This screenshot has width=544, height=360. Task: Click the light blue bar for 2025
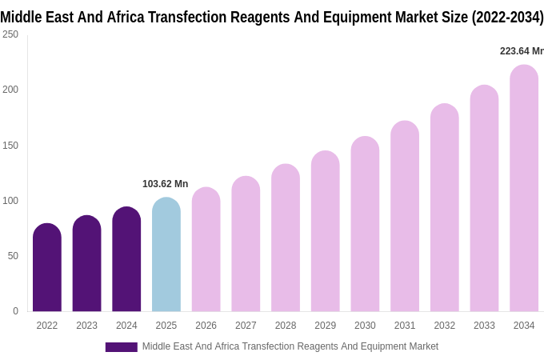pyautogui.click(x=166, y=254)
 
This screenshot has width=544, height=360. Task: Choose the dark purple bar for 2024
pyautogui.click(x=126, y=259)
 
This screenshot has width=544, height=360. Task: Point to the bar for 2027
pyautogui.click(x=246, y=244)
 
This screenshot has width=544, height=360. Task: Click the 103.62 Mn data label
pyautogui.click(x=165, y=184)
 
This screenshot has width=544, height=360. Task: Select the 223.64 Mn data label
pyautogui.click(x=521, y=51)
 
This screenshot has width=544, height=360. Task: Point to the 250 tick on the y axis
pyautogui.click(x=10, y=34)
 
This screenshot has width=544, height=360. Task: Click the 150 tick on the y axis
pyautogui.click(x=10, y=145)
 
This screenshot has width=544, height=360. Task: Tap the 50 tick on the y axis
pyautogui.click(x=13, y=256)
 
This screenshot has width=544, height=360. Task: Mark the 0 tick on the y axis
pyautogui.click(x=15, y=311)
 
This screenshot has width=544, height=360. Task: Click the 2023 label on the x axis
pyautogui.click(x=86, y=326)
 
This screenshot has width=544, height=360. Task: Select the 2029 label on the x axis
pyautogui.click(x=325, y=326)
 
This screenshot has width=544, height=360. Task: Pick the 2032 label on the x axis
pyautogui.click(x=444, y=326)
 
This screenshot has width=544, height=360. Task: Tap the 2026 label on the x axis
pyautogui.click(x=206, y=326)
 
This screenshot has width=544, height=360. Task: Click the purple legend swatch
pyautogui.click(x=121, y=347)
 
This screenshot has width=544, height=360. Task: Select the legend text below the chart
pyautogui.click(x=290, y=346)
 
